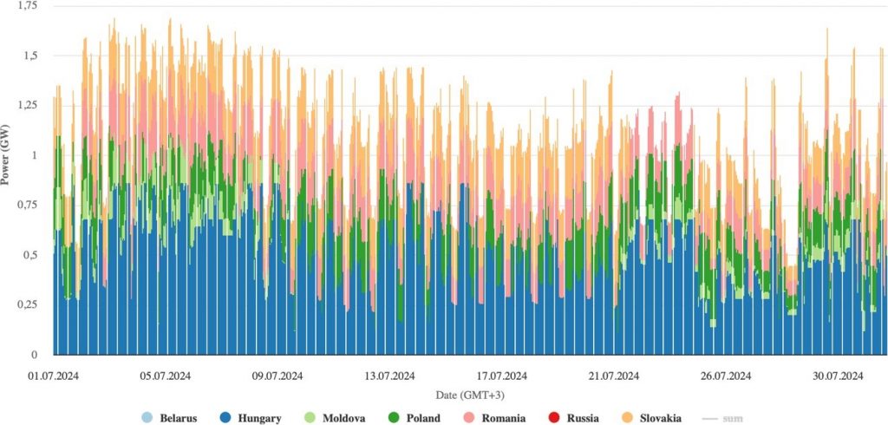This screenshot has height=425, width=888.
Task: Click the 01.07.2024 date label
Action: click(53, 376)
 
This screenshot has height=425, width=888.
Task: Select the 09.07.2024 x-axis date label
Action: click(277, 376)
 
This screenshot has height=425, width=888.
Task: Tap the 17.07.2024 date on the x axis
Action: click(501, 376)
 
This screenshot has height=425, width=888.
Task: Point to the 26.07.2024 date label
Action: click(726, 376)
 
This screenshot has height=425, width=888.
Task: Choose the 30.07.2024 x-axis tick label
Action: click(838, 376)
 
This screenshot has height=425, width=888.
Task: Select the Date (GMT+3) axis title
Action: click(469, 395)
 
